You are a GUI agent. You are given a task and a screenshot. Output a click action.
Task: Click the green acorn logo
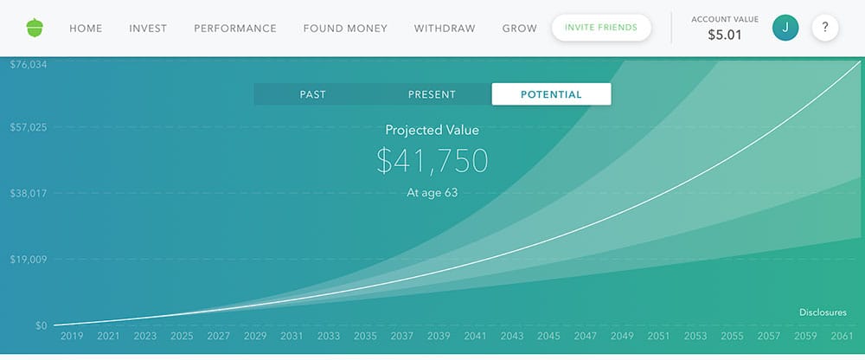click(x=35, y=28)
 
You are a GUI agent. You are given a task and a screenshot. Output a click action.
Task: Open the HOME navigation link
click(x=86, y=29)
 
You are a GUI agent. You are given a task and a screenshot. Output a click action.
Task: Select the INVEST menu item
click(x=148, y=29)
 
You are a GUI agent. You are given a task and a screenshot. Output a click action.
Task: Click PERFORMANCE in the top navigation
click(x=235, y=29)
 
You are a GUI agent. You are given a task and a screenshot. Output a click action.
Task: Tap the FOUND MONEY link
click(x=345, y=29)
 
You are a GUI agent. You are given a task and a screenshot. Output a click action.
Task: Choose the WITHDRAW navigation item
click(x=445, y=29)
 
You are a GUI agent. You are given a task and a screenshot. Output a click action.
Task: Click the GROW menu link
click(x=519, y=29)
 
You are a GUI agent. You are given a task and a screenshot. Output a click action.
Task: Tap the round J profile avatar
click(x=785, y=28)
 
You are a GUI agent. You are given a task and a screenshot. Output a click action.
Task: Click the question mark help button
click(x=825, y=28)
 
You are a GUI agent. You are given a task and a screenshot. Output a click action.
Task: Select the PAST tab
click(x=312, y=94)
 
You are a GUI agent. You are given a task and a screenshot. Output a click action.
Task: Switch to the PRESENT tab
click(x=432, y=94)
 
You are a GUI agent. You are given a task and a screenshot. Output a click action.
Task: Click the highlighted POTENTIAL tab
click(x=551, y=94)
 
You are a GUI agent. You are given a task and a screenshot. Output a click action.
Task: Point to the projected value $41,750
click(x=432, y=161)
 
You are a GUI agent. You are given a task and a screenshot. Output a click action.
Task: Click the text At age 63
click(x=432, y=192)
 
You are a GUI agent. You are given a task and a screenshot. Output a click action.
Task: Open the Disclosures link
click(x=823, y=312)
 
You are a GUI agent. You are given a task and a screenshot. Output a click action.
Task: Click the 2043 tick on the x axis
click(x=512, y=336)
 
